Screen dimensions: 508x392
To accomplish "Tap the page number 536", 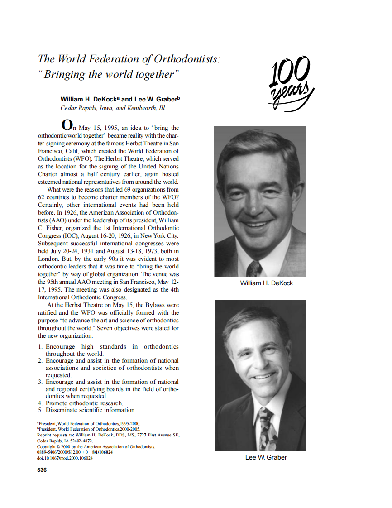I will pyautogui.click(x=42, y=470).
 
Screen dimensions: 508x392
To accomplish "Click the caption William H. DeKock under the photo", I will pyautogui.click(x=266, y=283).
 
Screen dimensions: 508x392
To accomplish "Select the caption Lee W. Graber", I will pyautogui.click(x=266, y=457).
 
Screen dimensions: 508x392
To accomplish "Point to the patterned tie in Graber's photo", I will pyautogui.click(x=265, y=428).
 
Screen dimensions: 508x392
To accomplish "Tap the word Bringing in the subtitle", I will pyautogui.click(x=64, y=75).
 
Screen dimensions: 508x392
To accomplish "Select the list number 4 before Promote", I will pyautogui.click(x=40, y=403).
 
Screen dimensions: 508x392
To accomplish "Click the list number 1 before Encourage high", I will pyautogui.click(x=40, y=347).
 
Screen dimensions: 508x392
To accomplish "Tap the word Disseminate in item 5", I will pyautogui.click(x=64, y=410).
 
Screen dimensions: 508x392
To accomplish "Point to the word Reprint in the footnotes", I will pyautogui.click(x=44, y=435).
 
